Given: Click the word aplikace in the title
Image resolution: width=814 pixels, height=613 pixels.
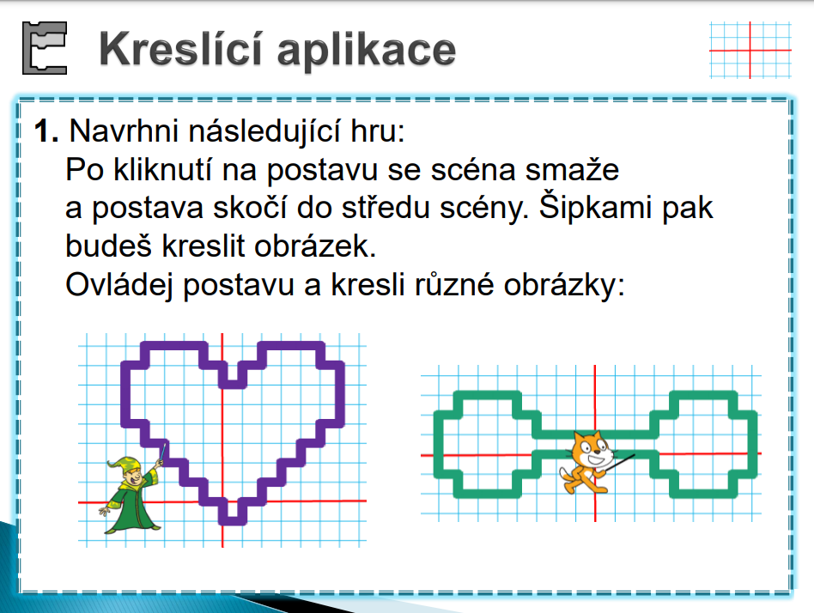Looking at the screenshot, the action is click(366, 51).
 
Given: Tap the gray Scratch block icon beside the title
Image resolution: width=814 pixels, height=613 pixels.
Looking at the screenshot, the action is click(45, 48).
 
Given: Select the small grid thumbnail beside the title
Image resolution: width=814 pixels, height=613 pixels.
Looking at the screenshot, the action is click(750, 51).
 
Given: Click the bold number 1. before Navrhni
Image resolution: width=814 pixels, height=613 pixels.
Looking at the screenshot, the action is click(46, 130).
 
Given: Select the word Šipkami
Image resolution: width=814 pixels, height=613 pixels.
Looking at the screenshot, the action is click(595, 209).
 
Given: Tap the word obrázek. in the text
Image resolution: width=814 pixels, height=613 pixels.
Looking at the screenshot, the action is click(314, 246).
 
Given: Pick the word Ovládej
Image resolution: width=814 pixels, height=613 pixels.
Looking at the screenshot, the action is click(118, 286).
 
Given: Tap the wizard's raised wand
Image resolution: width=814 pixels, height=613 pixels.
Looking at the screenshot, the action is click(161, 452).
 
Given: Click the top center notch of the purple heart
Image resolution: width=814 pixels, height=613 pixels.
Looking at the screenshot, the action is click(232, 384).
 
